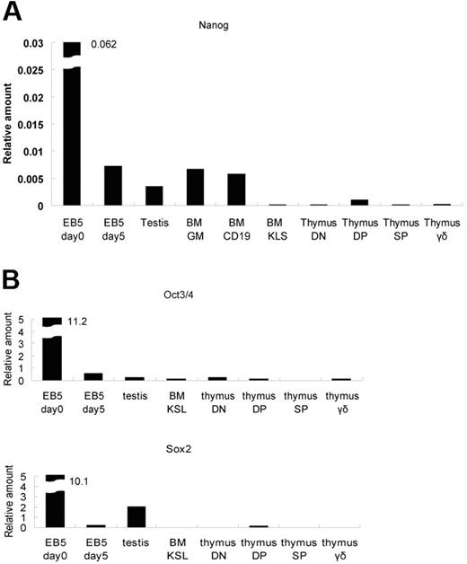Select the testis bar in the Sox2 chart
[x=137, y=516]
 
